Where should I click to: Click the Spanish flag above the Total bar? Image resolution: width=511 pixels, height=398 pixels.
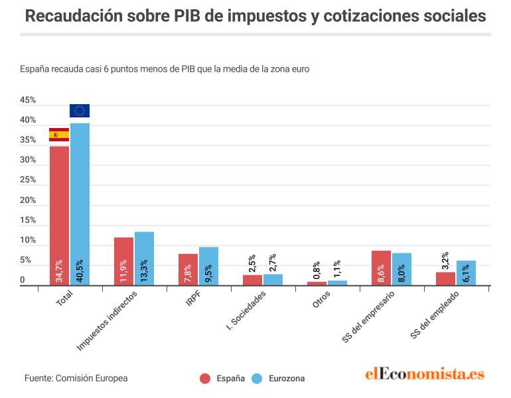pos(59,135)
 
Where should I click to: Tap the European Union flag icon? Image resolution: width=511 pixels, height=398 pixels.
pos(80,111)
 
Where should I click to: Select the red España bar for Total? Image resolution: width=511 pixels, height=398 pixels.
pos(59,216)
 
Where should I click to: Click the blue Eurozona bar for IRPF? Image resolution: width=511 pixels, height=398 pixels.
pos(208,267)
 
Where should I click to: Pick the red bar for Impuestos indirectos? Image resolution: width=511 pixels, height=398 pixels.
pos(123,261)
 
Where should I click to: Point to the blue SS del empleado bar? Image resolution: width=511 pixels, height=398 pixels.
pos(466,273)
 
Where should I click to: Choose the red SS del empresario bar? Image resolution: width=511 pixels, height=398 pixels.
pos(381,268)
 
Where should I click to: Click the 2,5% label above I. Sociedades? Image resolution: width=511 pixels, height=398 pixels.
pos(252,263)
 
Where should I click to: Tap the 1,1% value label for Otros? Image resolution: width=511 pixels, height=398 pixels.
pos(337,269)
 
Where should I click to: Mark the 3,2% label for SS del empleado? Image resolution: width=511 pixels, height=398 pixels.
pos(445,261)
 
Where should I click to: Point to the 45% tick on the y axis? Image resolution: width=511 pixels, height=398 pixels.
pos(28,100)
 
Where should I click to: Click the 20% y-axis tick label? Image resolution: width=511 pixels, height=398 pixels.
pos(28,200)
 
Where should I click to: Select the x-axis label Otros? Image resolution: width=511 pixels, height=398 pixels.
pos(321,299)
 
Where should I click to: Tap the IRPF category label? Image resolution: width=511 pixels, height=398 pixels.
pos(193,298)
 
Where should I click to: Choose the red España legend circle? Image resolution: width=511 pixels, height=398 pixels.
pos(205,379)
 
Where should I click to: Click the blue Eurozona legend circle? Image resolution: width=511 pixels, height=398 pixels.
pos(257,379)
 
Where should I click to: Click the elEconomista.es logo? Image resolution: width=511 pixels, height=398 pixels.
pos(425,373)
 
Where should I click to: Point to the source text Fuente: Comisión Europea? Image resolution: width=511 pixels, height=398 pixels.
pos(76,378)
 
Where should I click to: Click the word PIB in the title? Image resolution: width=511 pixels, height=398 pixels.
pos(186,16)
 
